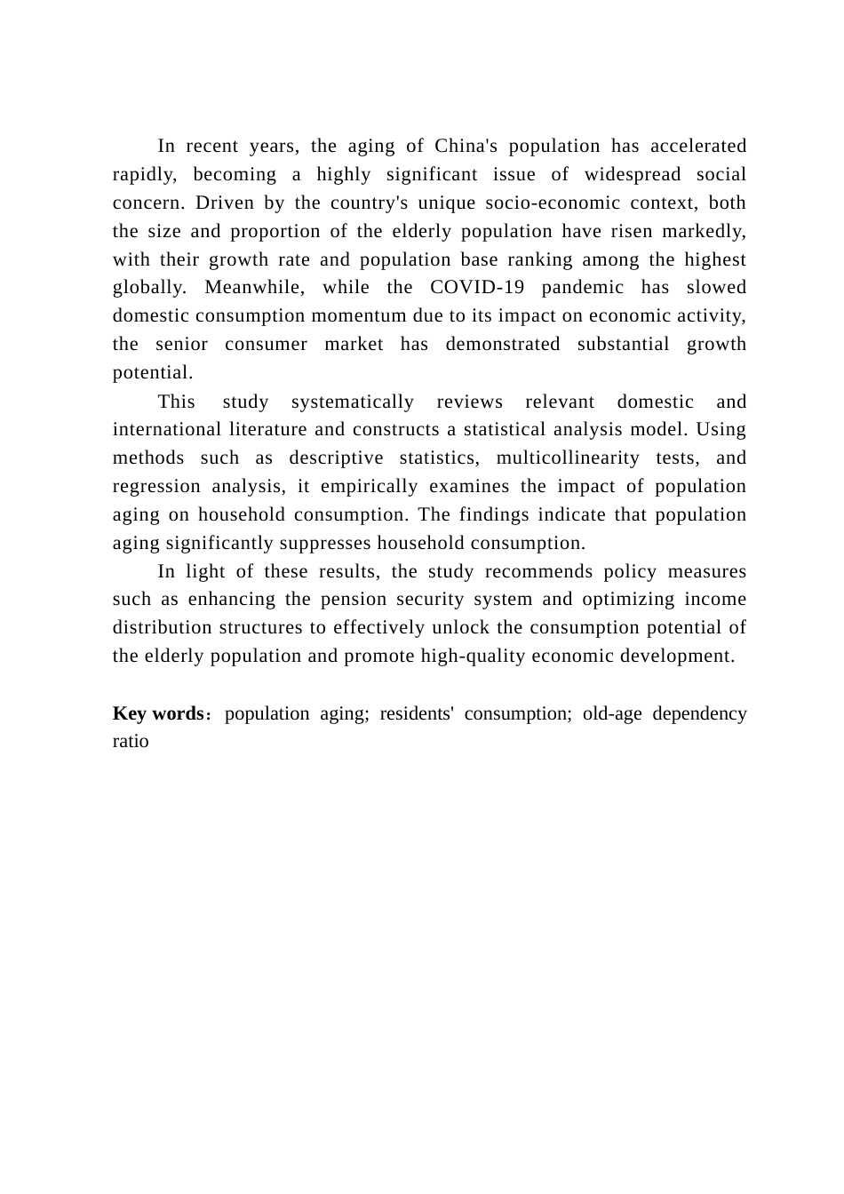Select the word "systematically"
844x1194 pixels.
353,402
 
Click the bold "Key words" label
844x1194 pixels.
158,714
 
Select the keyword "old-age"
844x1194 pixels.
612,714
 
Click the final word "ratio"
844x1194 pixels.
131,742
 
